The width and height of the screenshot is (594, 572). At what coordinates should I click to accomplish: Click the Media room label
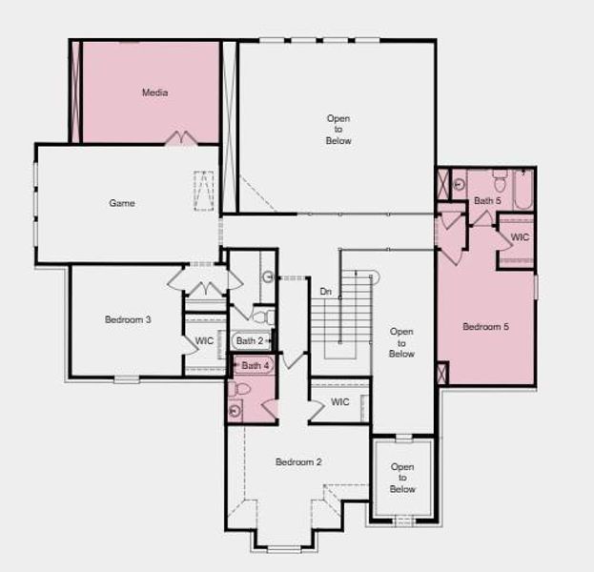154,92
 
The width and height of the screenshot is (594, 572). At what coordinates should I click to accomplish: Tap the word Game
121,203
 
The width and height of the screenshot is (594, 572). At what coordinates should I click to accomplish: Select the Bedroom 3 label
128,319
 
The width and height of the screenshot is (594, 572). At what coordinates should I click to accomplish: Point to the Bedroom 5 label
485,327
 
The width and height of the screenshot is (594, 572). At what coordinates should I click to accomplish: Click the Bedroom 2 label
298,462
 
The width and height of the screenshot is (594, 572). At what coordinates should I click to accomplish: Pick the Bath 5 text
486,200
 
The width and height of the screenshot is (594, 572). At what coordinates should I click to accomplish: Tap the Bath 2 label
249,340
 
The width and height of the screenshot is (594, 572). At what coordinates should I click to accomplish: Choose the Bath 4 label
256,365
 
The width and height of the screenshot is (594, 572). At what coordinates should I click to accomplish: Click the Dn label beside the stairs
325,292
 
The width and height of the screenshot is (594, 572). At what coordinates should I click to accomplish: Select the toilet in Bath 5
500,179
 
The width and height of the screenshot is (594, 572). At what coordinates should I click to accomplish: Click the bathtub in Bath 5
523,190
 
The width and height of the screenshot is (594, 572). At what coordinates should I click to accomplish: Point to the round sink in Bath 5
458,184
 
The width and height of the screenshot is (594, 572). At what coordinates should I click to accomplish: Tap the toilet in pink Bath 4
239,389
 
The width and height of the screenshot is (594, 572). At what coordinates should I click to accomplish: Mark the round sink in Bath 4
236,411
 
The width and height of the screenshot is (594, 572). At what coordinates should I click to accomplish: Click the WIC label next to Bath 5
520,237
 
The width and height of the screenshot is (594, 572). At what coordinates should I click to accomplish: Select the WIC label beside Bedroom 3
204,340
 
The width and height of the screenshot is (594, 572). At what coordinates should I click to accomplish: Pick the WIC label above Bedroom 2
340,402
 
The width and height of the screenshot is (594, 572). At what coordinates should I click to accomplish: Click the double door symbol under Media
180,138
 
